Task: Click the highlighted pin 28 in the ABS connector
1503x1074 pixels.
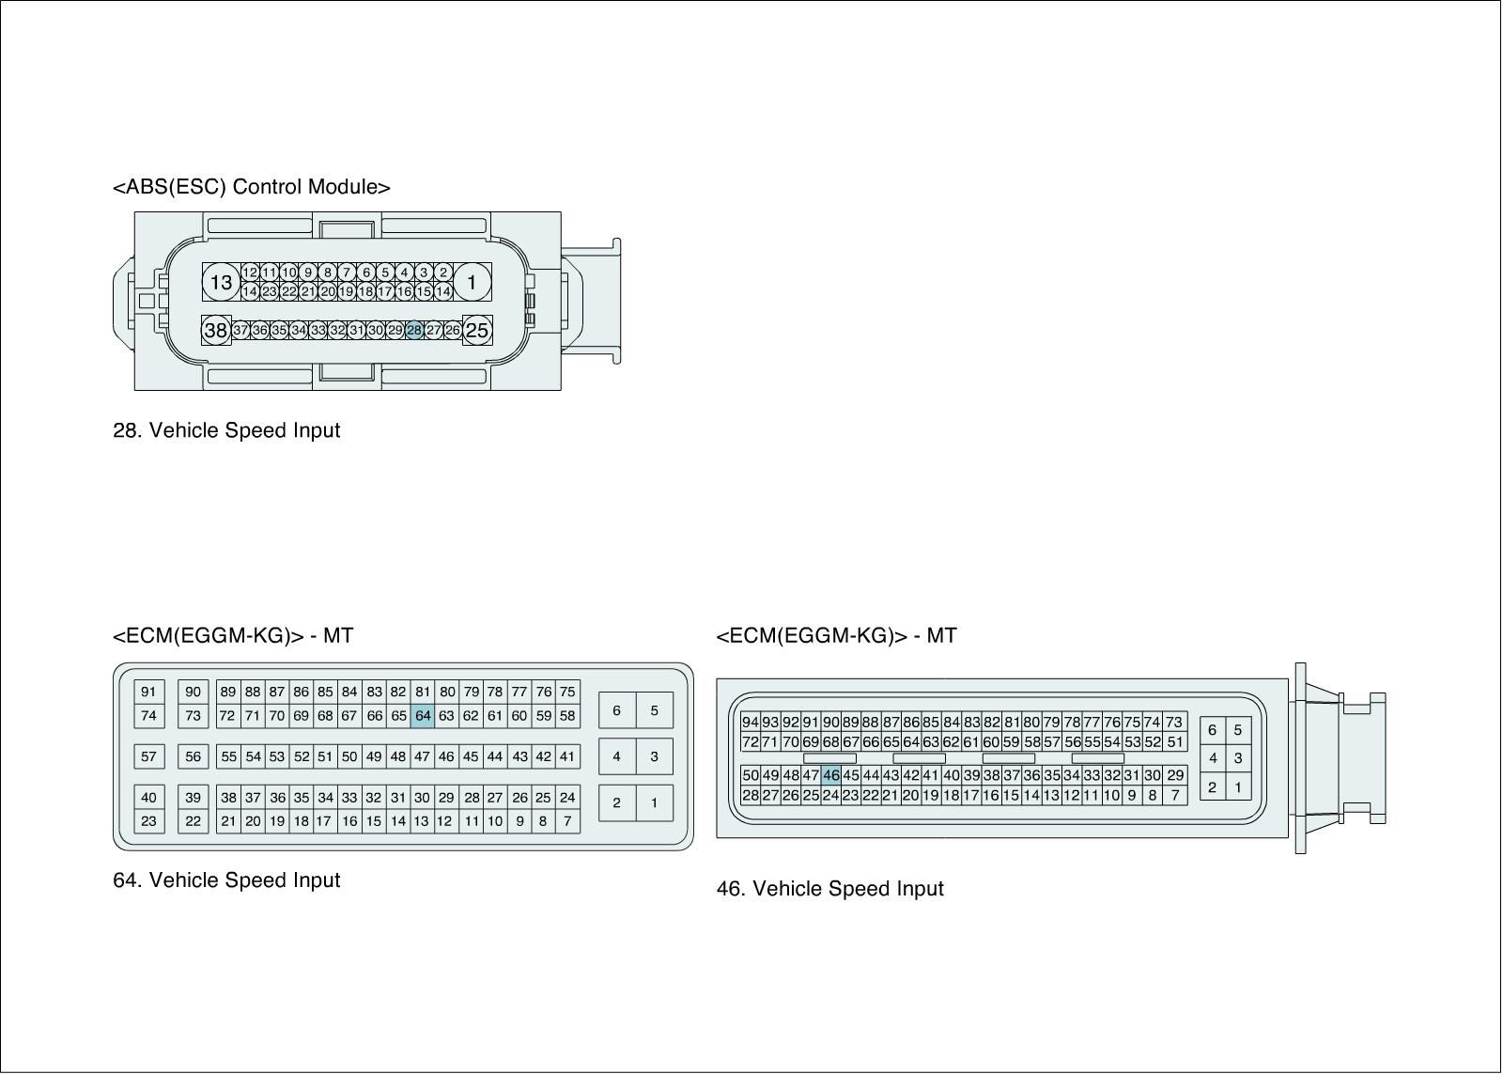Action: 414,330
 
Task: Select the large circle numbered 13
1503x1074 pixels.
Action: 221,282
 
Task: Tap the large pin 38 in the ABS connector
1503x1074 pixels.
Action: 216,330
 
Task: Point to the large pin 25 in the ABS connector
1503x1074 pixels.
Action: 477,330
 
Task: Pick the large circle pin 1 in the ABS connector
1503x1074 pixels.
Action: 472,281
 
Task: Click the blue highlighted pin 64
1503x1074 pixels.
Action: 423,715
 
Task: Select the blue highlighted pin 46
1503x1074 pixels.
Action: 830,775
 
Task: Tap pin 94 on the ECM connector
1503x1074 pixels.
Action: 750,722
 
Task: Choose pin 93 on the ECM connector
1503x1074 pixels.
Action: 770,722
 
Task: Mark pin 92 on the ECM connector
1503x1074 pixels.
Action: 791,722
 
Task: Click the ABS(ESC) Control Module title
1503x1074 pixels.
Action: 251,186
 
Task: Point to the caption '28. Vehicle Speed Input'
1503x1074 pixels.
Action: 226,430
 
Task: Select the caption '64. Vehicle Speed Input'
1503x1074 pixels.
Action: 226,880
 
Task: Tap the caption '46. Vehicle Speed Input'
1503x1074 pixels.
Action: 829,889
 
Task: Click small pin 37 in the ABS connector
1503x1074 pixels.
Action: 240,330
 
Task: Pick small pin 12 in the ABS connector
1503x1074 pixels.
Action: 250,272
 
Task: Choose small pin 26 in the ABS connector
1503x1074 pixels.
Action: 453,330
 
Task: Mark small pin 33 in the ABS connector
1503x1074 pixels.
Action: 318,330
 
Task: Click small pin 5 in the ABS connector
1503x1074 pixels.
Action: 385,272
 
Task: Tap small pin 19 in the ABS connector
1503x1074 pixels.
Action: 347,291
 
